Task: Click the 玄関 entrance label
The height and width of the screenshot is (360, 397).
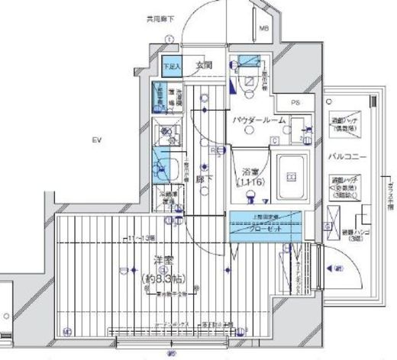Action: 203,64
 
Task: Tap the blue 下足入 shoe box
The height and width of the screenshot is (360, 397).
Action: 172,65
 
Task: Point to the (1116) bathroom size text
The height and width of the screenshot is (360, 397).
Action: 250,184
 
